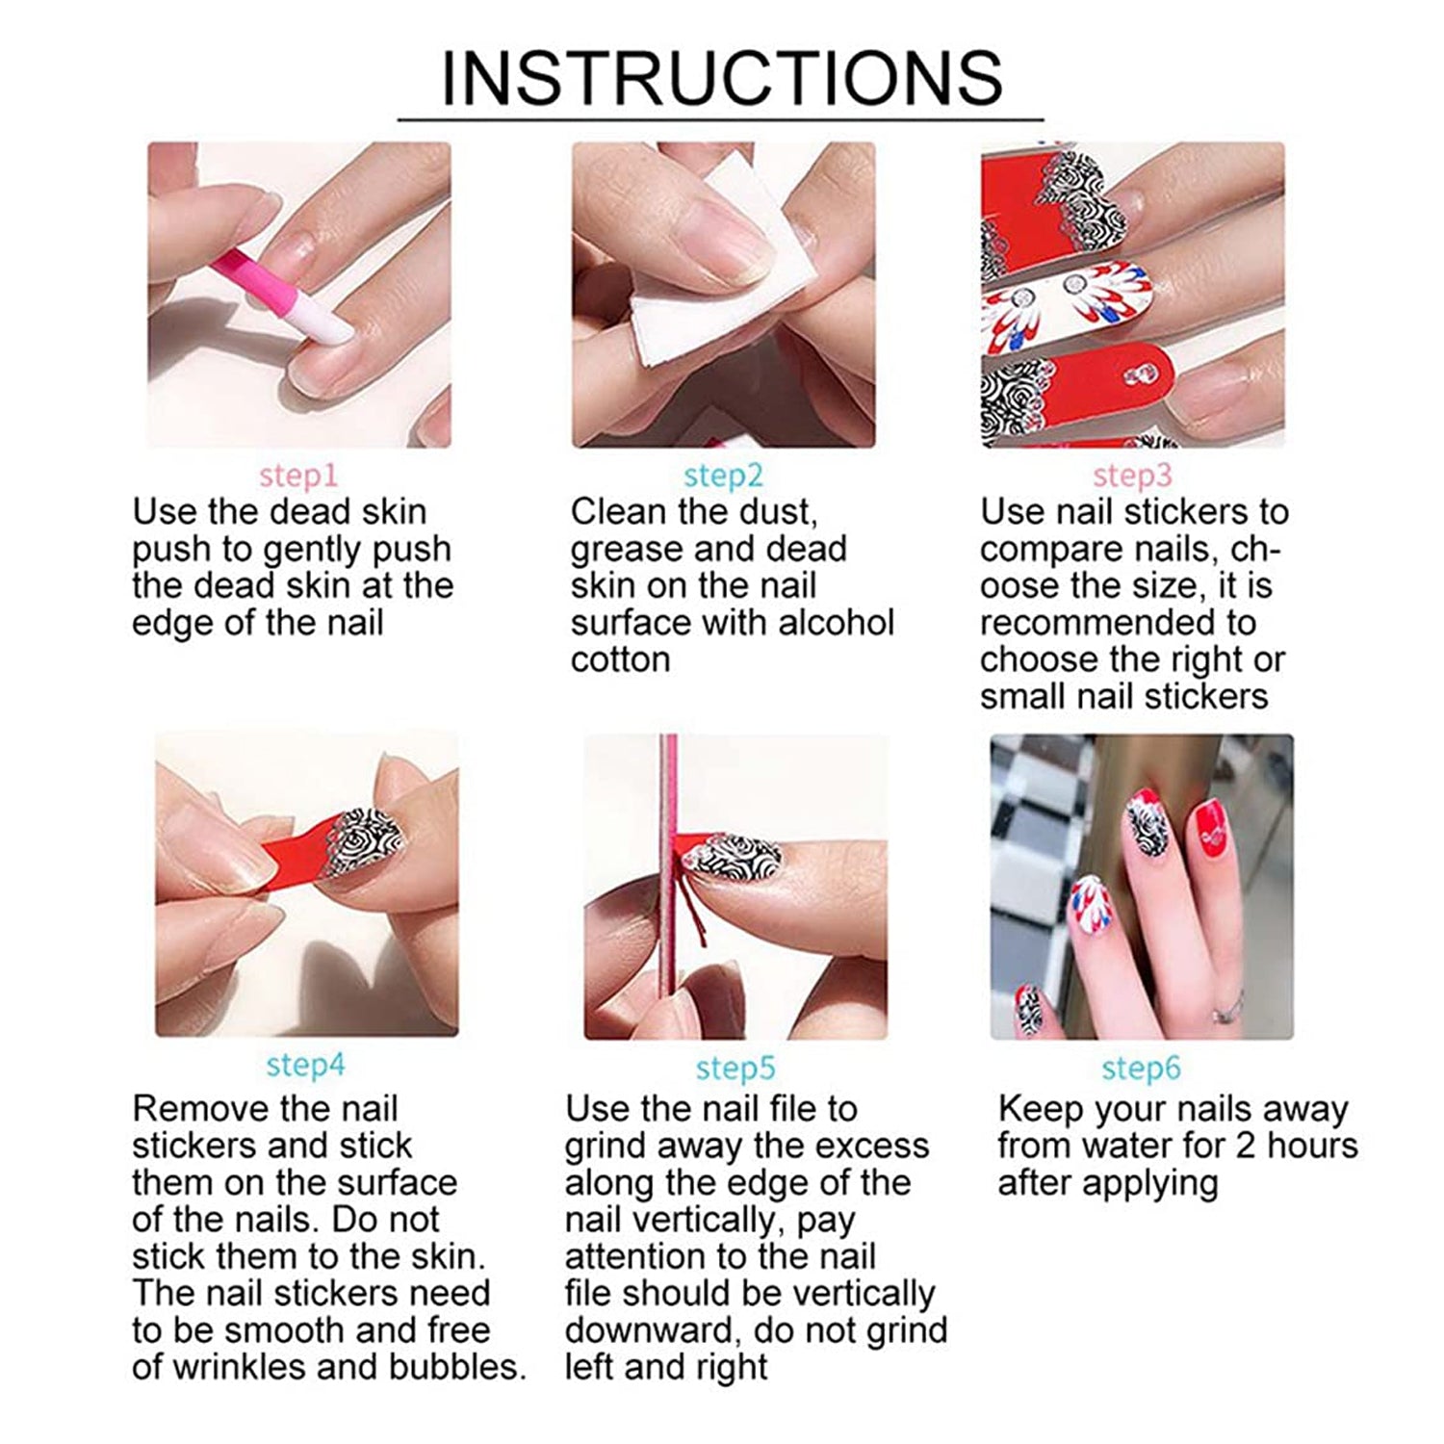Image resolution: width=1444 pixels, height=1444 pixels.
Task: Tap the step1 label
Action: [297, 476]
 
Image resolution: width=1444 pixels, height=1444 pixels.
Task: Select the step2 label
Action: [722, 476]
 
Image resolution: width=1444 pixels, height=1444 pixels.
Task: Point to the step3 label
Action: [1132, 476]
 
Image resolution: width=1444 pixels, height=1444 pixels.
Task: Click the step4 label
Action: [305, 1065]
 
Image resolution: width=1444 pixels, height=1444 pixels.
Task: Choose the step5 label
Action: [735, 1068]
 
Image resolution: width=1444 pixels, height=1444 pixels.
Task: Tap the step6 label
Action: [1140, 1068]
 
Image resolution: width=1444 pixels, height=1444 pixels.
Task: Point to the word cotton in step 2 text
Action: [619, 660]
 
